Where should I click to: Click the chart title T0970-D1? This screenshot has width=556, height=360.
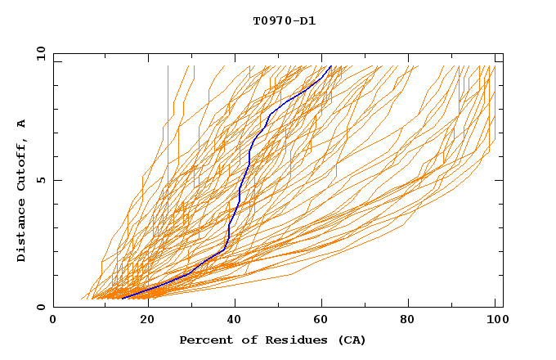(284, 21)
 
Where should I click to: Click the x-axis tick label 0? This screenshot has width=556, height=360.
(53, 322)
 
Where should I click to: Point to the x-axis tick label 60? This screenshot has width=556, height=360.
(325, 322)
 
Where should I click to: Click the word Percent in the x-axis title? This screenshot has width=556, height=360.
(204, 340)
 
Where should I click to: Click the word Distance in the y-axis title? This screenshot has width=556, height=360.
(22, 232)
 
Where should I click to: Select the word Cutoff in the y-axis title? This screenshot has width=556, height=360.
(22, 166)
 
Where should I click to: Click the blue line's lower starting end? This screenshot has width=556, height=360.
(122, 299)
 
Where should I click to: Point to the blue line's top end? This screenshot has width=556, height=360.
(330, 66)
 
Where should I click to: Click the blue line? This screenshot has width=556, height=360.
(239, 192)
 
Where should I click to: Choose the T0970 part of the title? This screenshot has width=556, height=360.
(272, 21)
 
